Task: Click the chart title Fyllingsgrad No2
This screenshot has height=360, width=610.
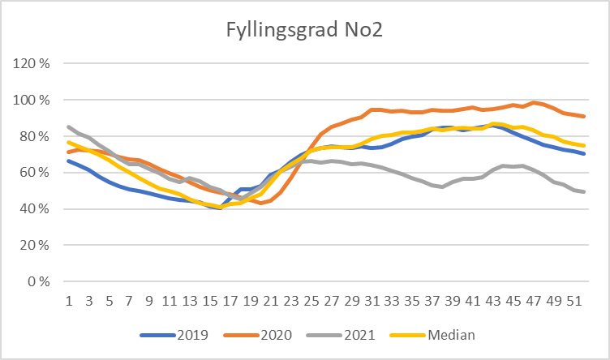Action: click(305, 33)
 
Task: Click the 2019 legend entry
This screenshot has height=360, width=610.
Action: click(191, 333)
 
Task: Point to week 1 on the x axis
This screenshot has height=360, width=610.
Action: click(69, 300)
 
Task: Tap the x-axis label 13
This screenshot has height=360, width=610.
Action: click(191, 300)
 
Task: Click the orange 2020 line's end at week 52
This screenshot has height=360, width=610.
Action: click(584, 116)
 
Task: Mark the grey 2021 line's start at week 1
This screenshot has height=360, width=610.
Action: click(69, 126)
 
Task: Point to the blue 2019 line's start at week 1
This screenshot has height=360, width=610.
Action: click(69, 161)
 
